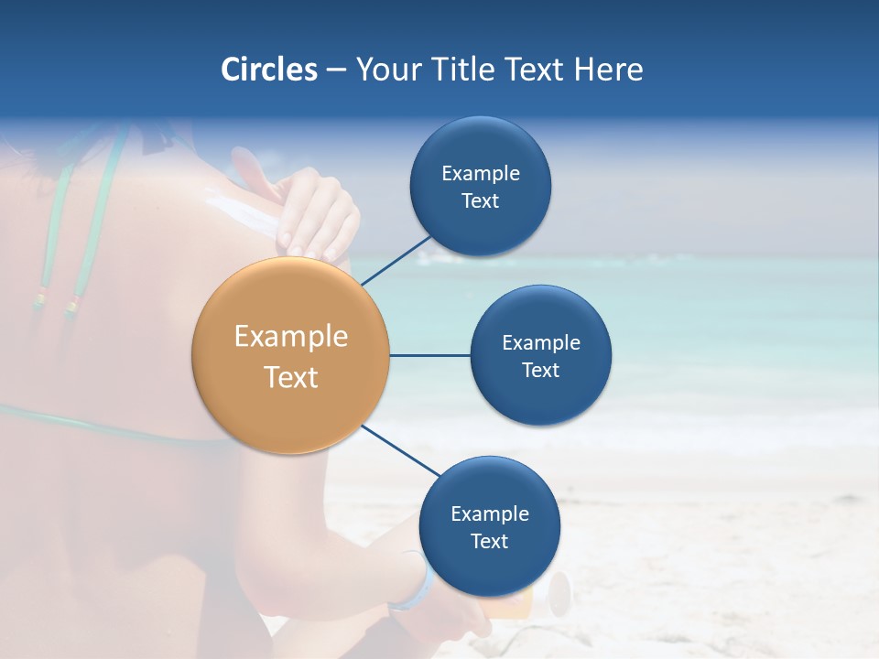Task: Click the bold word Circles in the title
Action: coord(269,70)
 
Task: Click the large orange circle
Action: coord(291,355)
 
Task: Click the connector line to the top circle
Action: coord(396,260)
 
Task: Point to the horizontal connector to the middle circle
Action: coord(430,355)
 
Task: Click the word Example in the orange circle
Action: coord(291,337)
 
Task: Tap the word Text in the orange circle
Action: coord(291,377)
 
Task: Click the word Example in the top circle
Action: coord(481,173)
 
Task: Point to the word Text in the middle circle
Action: coord(540,370)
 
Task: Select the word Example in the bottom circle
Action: coord(489,513)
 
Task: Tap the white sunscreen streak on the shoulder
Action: coord(244,212)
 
